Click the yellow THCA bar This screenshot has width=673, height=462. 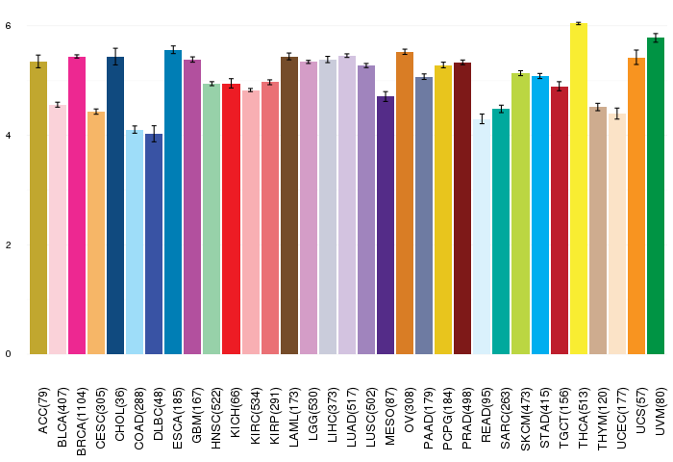(x=579, y=189)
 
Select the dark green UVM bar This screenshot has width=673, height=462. (x=656, y=196)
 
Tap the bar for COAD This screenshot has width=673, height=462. (x=135, y=242)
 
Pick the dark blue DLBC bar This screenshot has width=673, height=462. (x=154, y=244)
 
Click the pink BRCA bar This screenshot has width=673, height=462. (x=77, y=205)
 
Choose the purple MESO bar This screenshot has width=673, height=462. (x=386, y=225)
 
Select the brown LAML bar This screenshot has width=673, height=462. (x=289, y=205)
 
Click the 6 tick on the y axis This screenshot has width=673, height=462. (x=8, y=26)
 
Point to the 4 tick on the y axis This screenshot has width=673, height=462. (x=8, y=136)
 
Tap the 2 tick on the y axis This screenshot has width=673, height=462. (x=8, y=245)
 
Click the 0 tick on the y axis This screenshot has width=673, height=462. (x=8, y=354)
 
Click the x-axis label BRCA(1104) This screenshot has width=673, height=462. (x=82, y=422)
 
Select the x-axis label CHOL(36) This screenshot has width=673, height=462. (x=120, y=414)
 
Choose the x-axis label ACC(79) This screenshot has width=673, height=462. (x=43, y=411)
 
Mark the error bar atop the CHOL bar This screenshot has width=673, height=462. (x=115, y=56)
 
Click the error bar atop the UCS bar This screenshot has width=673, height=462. (x=636, y=57)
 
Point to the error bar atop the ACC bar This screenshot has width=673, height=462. (x=38, y=62)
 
